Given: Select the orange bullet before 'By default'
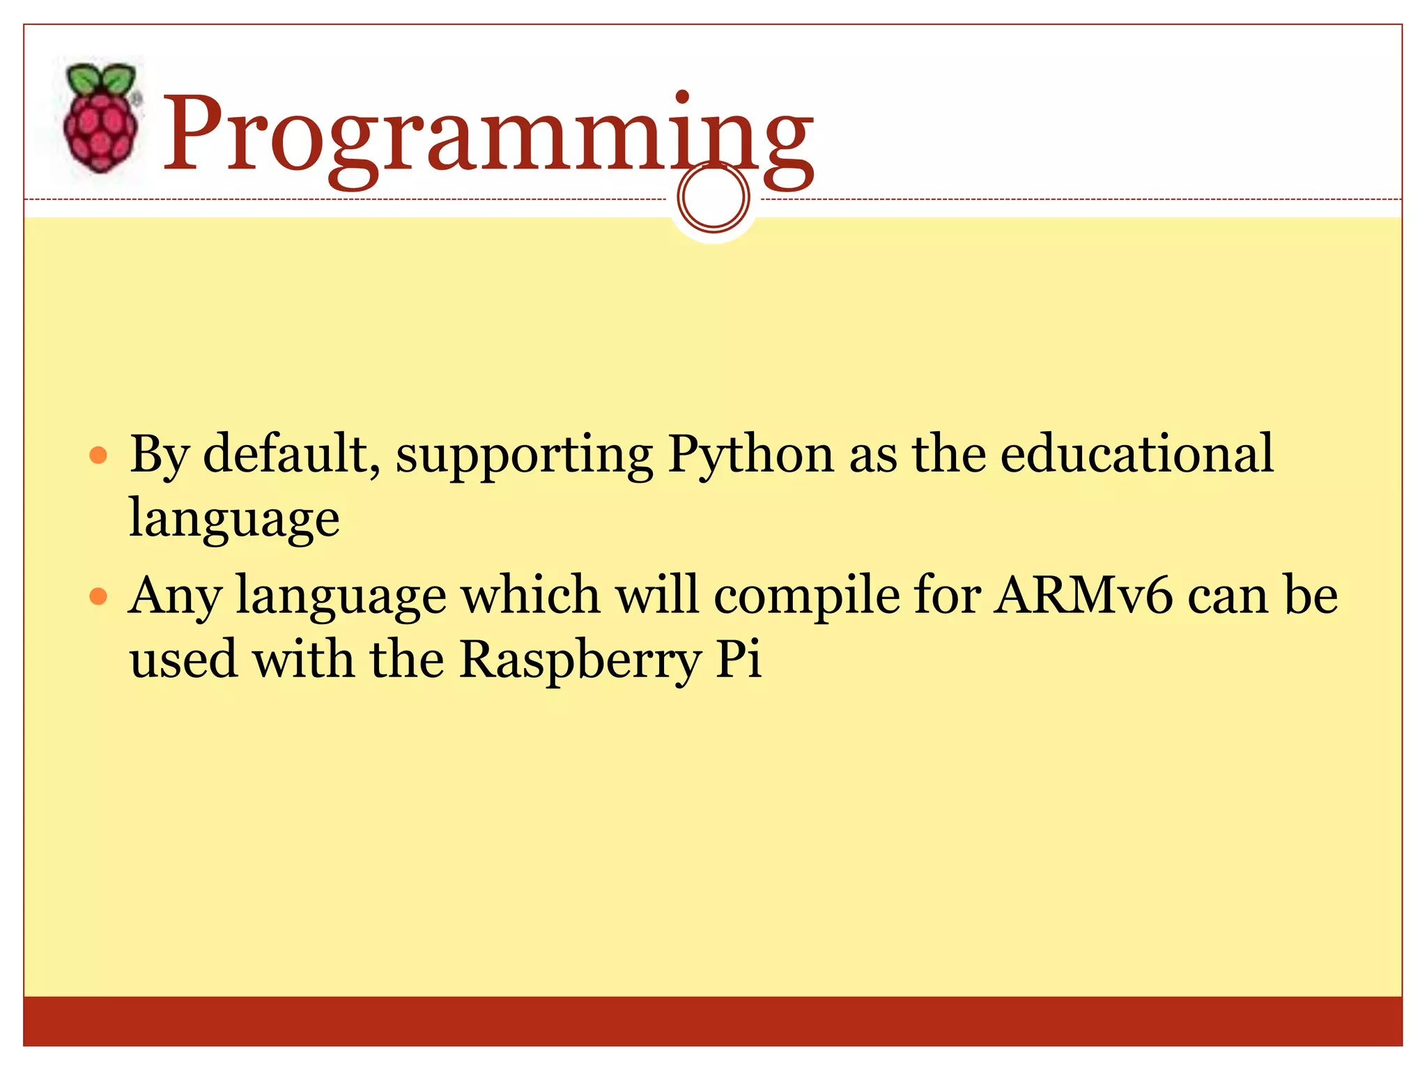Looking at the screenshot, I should pyautogui.click(x=99, y=456).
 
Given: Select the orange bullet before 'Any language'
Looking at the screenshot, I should pyautogui.click(x=99, y=597).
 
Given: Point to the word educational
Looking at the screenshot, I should pyautogui.click(x=1136, y=454).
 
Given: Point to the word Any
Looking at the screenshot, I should pyautogui.click(x=175, y=598).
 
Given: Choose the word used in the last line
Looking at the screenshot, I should pyautogui.click(x=183, y=660).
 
